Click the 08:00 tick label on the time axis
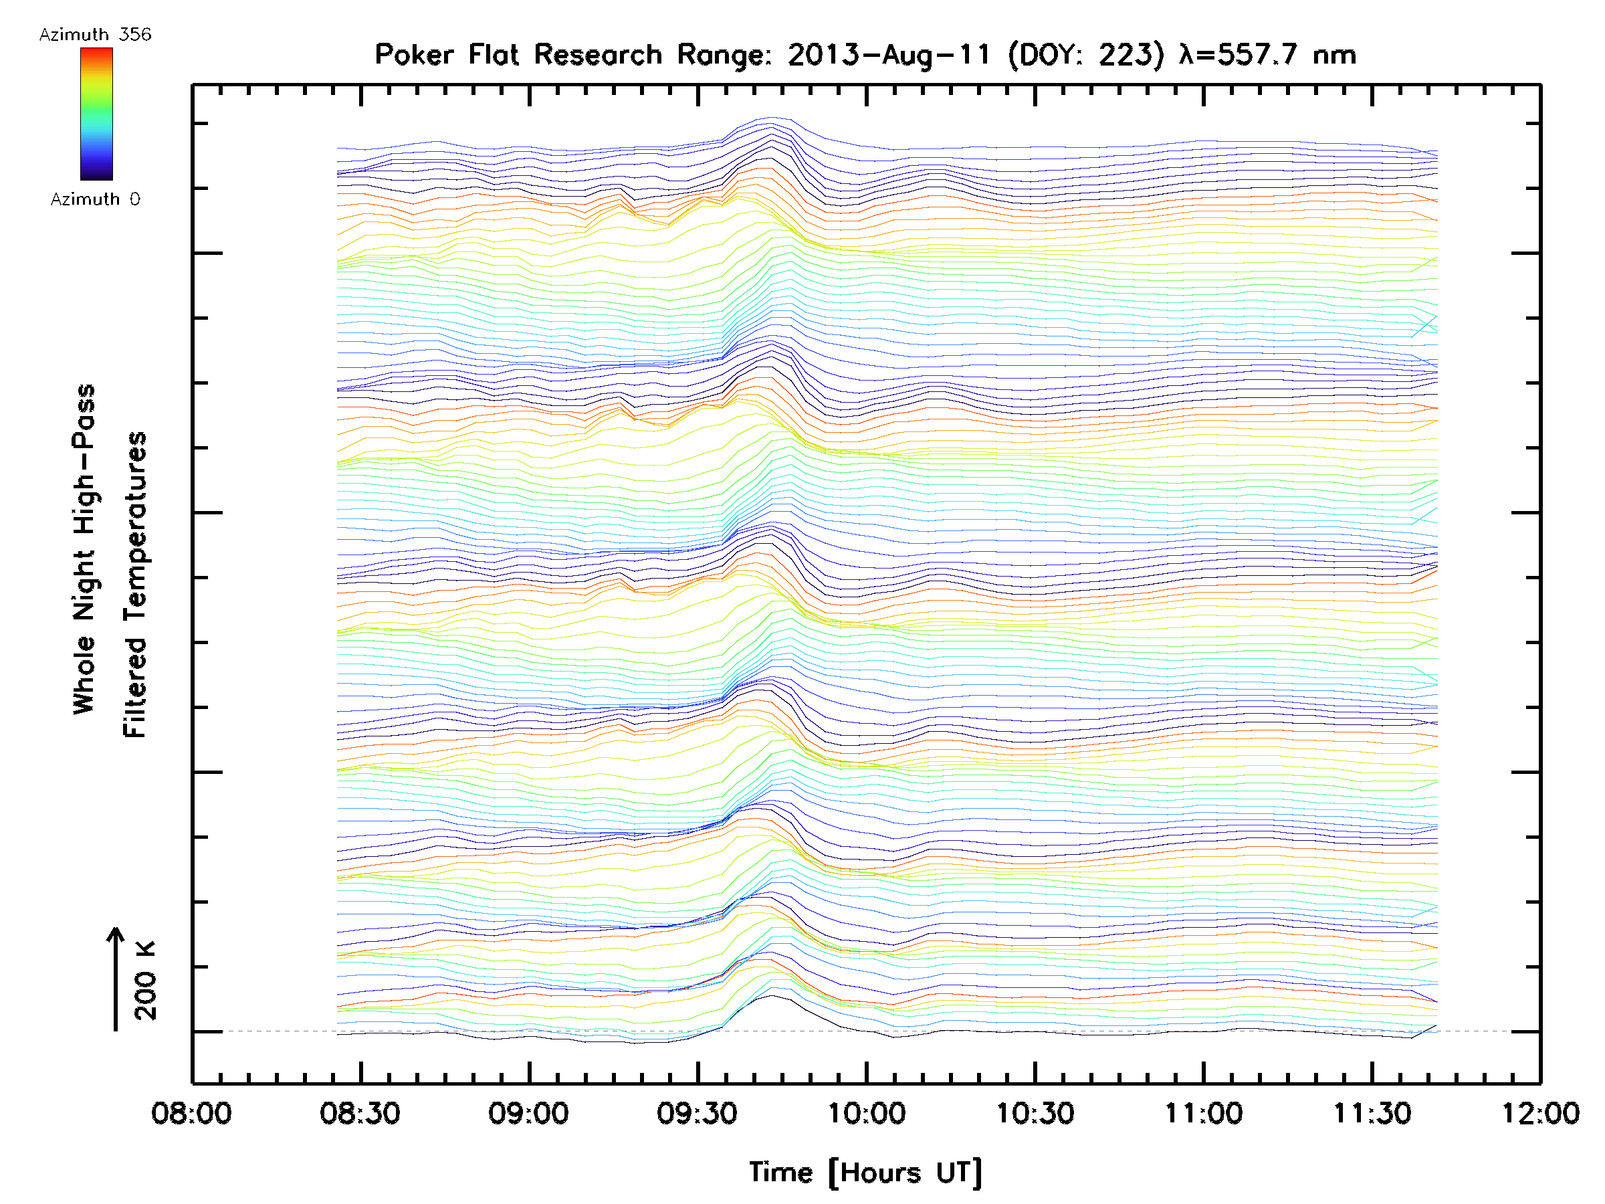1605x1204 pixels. [191, 1112]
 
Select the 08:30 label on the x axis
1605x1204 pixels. [360, 1112]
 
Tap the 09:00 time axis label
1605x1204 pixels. [528, 1112]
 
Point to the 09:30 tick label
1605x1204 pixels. [698, 1112]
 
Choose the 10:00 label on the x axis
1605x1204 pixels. [866, 1112]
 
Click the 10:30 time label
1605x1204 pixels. [1035, 1112]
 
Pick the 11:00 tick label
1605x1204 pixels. [1204, 1112]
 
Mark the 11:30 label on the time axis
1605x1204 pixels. [1372, 1112]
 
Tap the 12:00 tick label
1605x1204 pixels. [1540, 1112]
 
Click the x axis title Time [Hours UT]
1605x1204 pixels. [865, 1173]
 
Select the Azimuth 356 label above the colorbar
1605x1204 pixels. [95, 34]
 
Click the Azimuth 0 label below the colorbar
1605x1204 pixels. [95, 199]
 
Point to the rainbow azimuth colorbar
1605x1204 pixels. [96, 114]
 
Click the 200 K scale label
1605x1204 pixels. [146, 981]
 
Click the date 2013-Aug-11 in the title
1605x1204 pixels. [889, 54]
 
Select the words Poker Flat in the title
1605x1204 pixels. [445, 54]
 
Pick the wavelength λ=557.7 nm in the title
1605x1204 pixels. [1267, 54]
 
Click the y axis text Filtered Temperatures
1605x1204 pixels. [135, 584]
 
